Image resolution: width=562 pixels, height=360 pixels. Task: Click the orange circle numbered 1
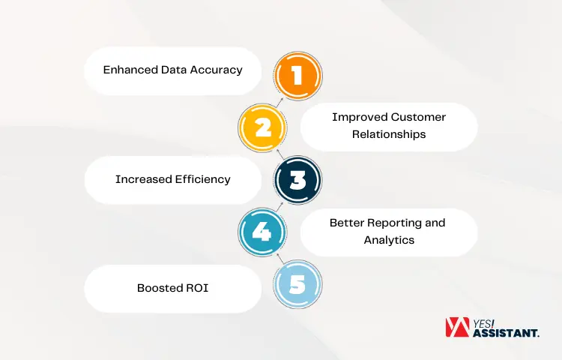pyautogui.click(x=297, y=76)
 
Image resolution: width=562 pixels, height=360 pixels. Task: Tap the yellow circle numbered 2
pyautogui.click(x=262, y=127)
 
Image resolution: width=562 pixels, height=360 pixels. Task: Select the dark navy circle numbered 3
pyautogui.click(x=297, y=180)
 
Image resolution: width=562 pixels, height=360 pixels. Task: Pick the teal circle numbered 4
pyautogui.click(x=262, y=232)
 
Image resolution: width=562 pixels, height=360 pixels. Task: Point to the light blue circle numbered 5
pyautogui.click(x=297, y=284)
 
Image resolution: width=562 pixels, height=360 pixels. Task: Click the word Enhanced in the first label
pyautogui.click(x=130, y=70)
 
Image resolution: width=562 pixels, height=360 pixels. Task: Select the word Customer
pyautogui.click(x=418, y=117)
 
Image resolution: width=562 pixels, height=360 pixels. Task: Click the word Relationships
pyautogui.click(x=389, y=134)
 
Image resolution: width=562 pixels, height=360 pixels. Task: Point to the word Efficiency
pyautogui.click(x=203, y=179)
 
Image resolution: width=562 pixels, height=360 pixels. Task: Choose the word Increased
pyautogui.click(x=144, y=179)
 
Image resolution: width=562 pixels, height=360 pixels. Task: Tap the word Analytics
pyautogui.click(x=389, y=240)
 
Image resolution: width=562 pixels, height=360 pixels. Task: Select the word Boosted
pyautogui.click(x=160, y=288)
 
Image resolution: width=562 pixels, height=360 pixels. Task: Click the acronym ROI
pyautogui.click(x=197, y=288)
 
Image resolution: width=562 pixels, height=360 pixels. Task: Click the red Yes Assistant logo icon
pyautogui.click(x=457, y=327)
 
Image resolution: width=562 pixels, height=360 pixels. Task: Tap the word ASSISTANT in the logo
pyautogui.click(x=506, y=333)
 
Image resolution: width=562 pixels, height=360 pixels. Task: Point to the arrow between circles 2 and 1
pyautogui.click(x=280, y=102)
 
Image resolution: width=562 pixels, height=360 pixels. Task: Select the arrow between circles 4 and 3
pyautogui.click(x=280, y=207)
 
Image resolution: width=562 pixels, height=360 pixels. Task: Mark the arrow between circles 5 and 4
pyautogui.click(x=280, y=258)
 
